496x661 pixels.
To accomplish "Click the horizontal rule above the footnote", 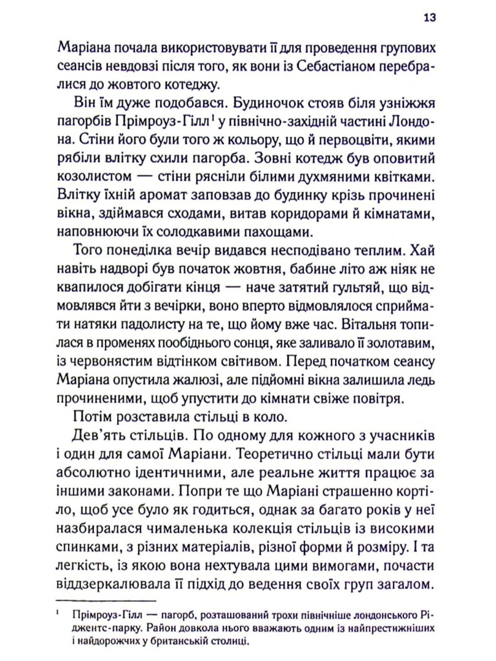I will tap(106, 601).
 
